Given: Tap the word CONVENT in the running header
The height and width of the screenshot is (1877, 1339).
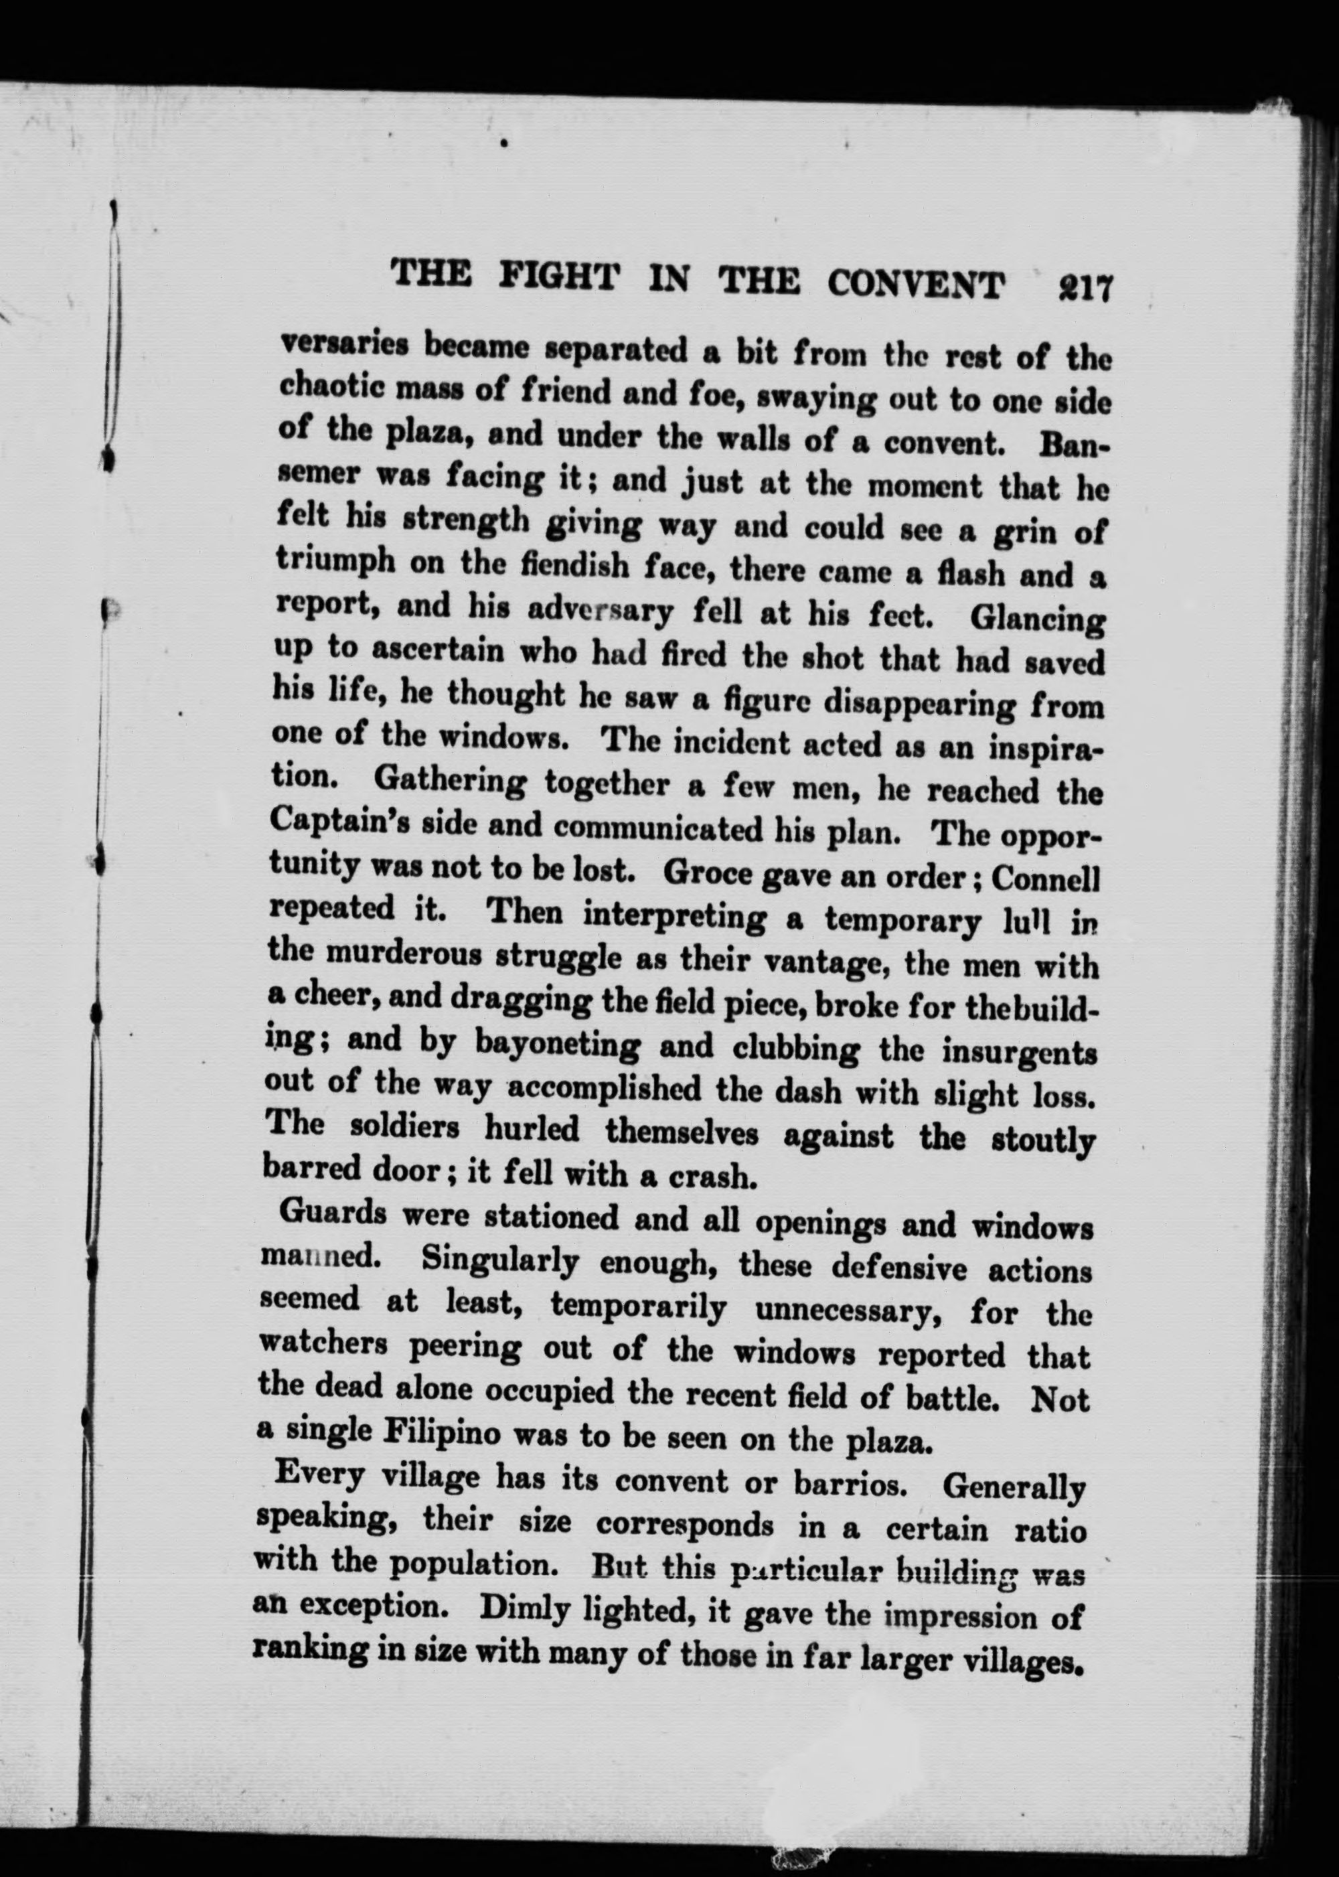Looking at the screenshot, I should (x=916, y=285).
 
